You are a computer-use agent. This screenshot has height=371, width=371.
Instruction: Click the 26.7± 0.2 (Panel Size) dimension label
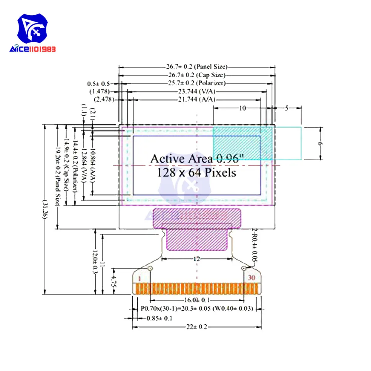197,67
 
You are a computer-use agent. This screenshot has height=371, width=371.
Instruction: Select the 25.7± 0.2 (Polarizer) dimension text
197,83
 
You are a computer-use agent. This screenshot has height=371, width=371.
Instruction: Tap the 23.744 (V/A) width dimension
197,91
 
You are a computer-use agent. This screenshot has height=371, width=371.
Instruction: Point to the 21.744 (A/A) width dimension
197,100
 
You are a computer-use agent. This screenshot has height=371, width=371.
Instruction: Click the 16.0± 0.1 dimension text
197,300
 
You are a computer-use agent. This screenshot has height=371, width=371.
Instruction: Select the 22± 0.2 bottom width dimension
197,327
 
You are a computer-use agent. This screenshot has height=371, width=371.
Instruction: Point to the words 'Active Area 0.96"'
197,159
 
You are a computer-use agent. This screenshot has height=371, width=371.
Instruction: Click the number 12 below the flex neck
197,259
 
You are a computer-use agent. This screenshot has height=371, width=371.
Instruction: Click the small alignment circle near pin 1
150,268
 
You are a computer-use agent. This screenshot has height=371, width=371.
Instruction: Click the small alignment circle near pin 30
244,268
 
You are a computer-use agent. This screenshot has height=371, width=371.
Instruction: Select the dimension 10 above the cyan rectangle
242,108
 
